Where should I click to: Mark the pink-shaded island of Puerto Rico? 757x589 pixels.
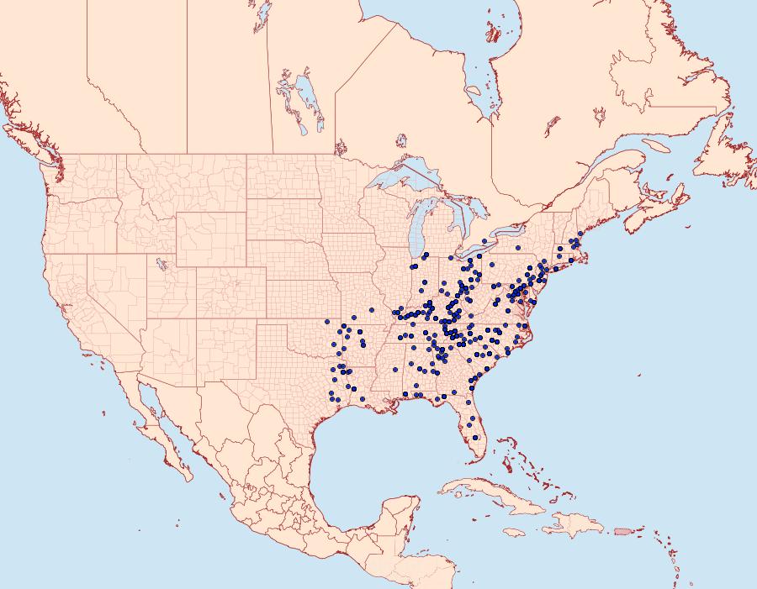pyautogui.click(x=622, y=531)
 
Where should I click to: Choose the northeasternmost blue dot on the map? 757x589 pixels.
pyautogui.click(x=580, y=234)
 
